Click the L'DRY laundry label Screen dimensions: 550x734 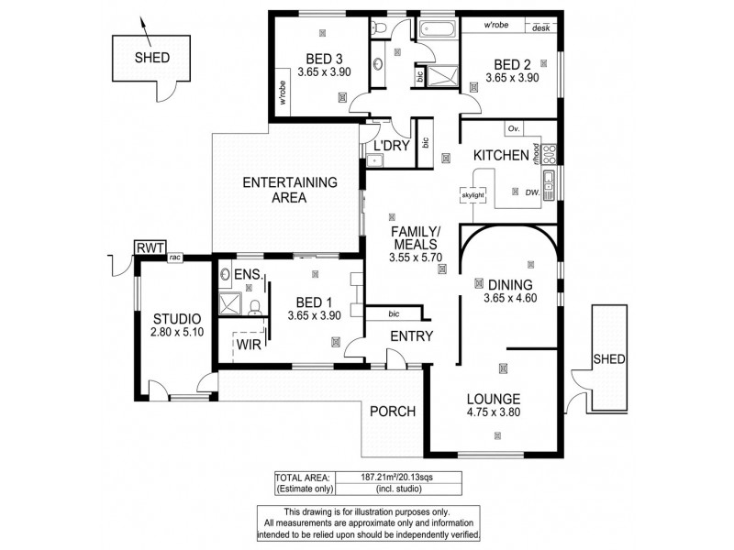(x=390, y=146)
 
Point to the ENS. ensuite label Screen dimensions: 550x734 (x=249, y=275)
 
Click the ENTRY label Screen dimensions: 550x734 (x=411, y=336)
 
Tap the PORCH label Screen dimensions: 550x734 (x=393, y=411)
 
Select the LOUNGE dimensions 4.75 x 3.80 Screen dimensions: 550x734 (x=493, y=412)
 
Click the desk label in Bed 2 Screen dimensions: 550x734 (x=540, y=27)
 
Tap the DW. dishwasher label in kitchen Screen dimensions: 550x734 (x=531, y=192)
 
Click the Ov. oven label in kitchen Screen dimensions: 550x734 (x=514, y=128)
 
